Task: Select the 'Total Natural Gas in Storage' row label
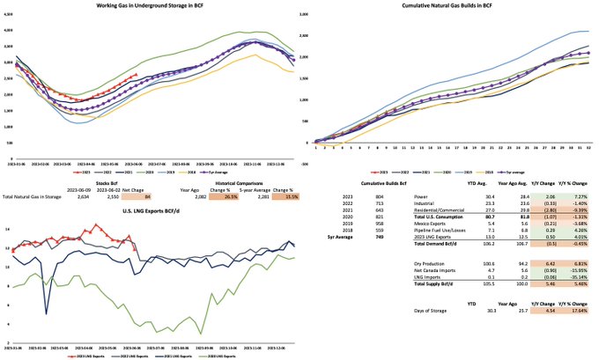coord(33,195)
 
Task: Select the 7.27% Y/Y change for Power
coord(574,195)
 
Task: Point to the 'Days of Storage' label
coord(431,310)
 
